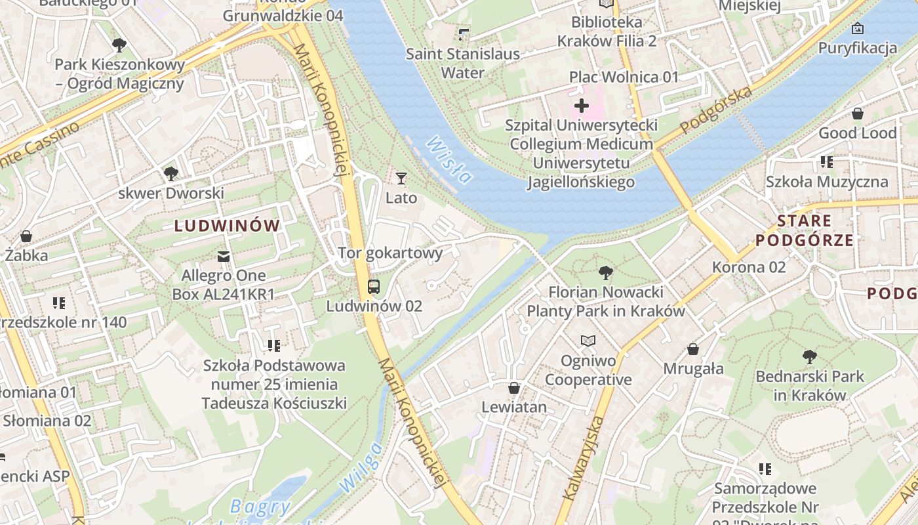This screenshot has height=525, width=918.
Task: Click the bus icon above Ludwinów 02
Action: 373,286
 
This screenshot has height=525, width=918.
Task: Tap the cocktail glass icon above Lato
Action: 401,178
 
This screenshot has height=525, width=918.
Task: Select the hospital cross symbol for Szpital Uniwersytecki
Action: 582,105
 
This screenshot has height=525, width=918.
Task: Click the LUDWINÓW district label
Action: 227,226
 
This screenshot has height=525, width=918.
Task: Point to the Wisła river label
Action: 449,159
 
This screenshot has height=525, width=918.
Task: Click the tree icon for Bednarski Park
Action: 810,357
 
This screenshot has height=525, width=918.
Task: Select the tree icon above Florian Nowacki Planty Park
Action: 606,272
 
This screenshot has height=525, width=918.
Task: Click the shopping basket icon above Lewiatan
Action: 514,388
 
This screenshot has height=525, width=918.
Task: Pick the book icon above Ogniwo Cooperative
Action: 588,341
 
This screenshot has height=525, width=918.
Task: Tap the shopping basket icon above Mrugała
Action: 693,349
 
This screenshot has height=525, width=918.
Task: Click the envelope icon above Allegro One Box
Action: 224,255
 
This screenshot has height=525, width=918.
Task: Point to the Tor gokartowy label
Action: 390,253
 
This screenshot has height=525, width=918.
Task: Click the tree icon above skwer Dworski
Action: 171,174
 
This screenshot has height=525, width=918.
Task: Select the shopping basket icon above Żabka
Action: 26,236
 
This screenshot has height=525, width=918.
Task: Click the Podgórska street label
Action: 716,110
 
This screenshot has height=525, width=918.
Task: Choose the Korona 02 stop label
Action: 749,267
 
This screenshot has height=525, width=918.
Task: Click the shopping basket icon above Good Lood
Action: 857,114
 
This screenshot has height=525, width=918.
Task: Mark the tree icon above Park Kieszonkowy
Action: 119,45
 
